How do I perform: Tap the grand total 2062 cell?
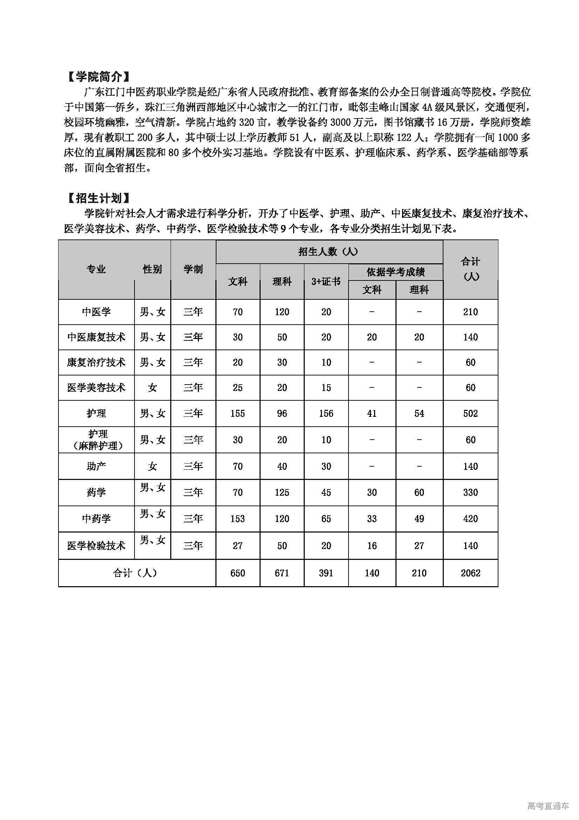tap(470, 573)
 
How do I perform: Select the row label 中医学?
tap(96, 312)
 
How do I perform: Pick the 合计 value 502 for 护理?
tap(470, 413)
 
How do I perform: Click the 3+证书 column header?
tap(326, 282)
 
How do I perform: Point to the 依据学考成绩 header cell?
tap(395, 272)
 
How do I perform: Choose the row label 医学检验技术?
tap(96, 545)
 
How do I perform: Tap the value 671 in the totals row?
tap(282, 573)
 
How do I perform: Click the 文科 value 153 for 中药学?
tap(237, 519)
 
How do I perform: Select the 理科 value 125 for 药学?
tap(282, 492)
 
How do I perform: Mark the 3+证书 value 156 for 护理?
tap(326, 413)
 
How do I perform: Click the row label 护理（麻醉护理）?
tap(97, 440)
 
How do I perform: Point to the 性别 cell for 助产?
tap(152, 466)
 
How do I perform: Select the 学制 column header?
tap(193, 269)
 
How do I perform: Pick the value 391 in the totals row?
tap(326, 573)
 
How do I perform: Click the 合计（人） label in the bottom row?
tap(136, 573)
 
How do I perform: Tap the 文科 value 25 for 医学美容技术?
tap(237, 387)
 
